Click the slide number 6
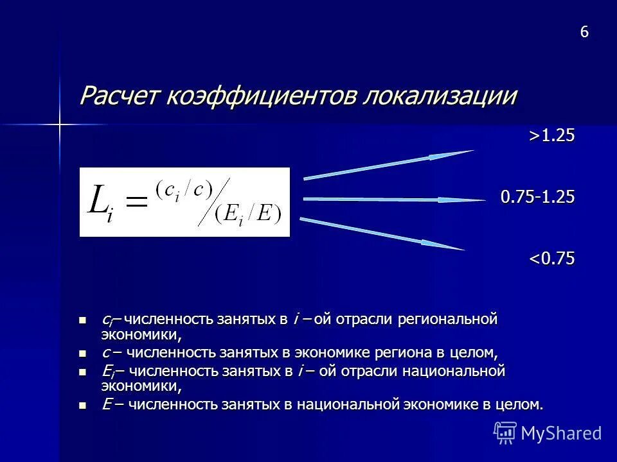tap(584, 33)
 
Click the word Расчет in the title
tap(120, 96)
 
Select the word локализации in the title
tap(442, 96)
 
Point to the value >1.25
tap(551, 135)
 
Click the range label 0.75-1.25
tap(538, 197)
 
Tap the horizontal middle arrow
tap(392, 200)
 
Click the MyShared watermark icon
tap(505, 432)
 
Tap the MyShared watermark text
tap(561, 433)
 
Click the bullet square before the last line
tap(81, 406)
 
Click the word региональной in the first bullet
tap(448, 319)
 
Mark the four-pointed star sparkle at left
tap(58, 123)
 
